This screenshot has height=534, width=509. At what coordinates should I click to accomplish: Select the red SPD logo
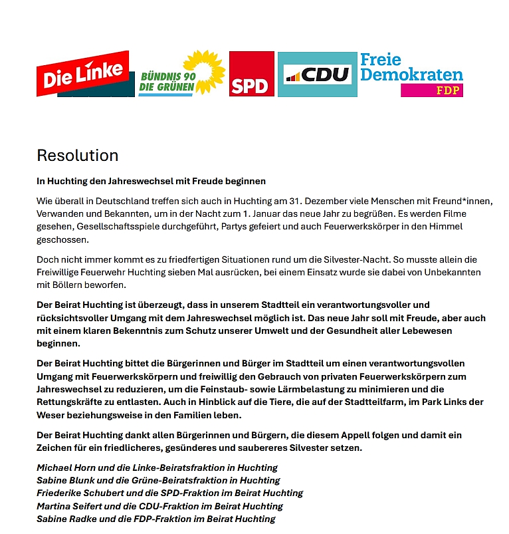(251, 74)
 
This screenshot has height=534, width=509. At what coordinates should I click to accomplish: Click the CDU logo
(317, 74)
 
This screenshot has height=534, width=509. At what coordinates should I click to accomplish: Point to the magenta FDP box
(432, 90)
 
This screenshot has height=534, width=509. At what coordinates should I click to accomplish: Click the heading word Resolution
(77, 156)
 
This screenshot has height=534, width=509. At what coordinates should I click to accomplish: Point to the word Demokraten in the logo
(411, 74)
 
